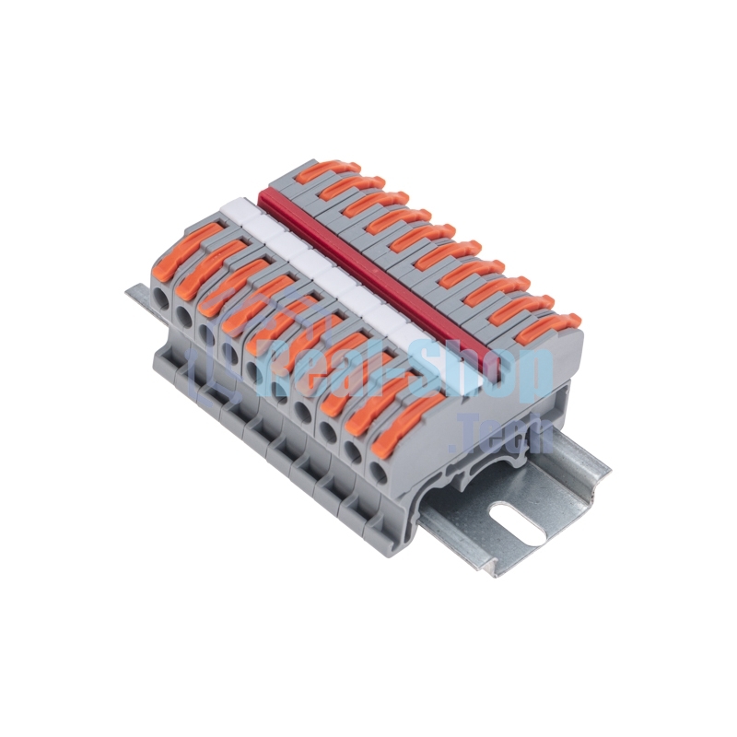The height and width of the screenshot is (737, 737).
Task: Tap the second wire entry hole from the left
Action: coord(183,316)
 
